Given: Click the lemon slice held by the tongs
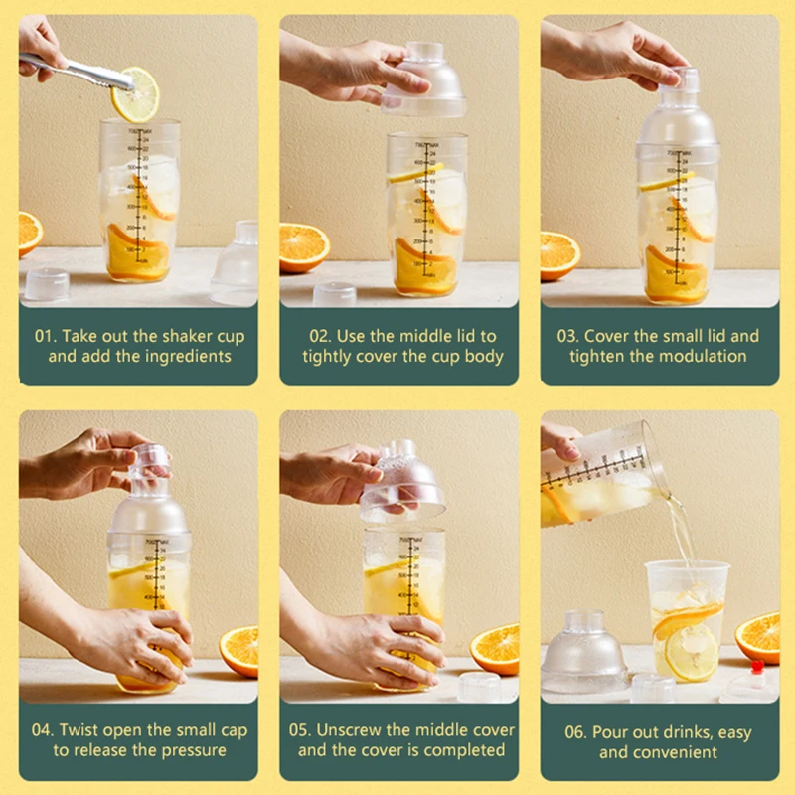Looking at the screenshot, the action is pyautogui.click(x=135, y=94).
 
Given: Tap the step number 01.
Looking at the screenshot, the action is pyautogui.click(x=45, y=336).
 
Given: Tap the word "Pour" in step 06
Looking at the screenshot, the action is pyautogui.click(x=608, y=732).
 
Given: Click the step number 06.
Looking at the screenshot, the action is pyautogui.click(x=575, y=732).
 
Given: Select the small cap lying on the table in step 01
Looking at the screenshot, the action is pyautogui.click(x=47, y=284).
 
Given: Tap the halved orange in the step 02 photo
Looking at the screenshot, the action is pyautogui.click(x=304, y=247).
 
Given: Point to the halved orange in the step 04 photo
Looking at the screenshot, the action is pyautogui.click(x=239, y=651).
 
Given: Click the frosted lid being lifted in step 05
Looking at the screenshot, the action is pyautogui.click(x=403, y=483).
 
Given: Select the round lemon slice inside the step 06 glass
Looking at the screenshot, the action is pyautogui.click(x=691, y=653).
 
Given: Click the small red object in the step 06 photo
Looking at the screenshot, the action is pyautogui.click(x=757, y=666).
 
